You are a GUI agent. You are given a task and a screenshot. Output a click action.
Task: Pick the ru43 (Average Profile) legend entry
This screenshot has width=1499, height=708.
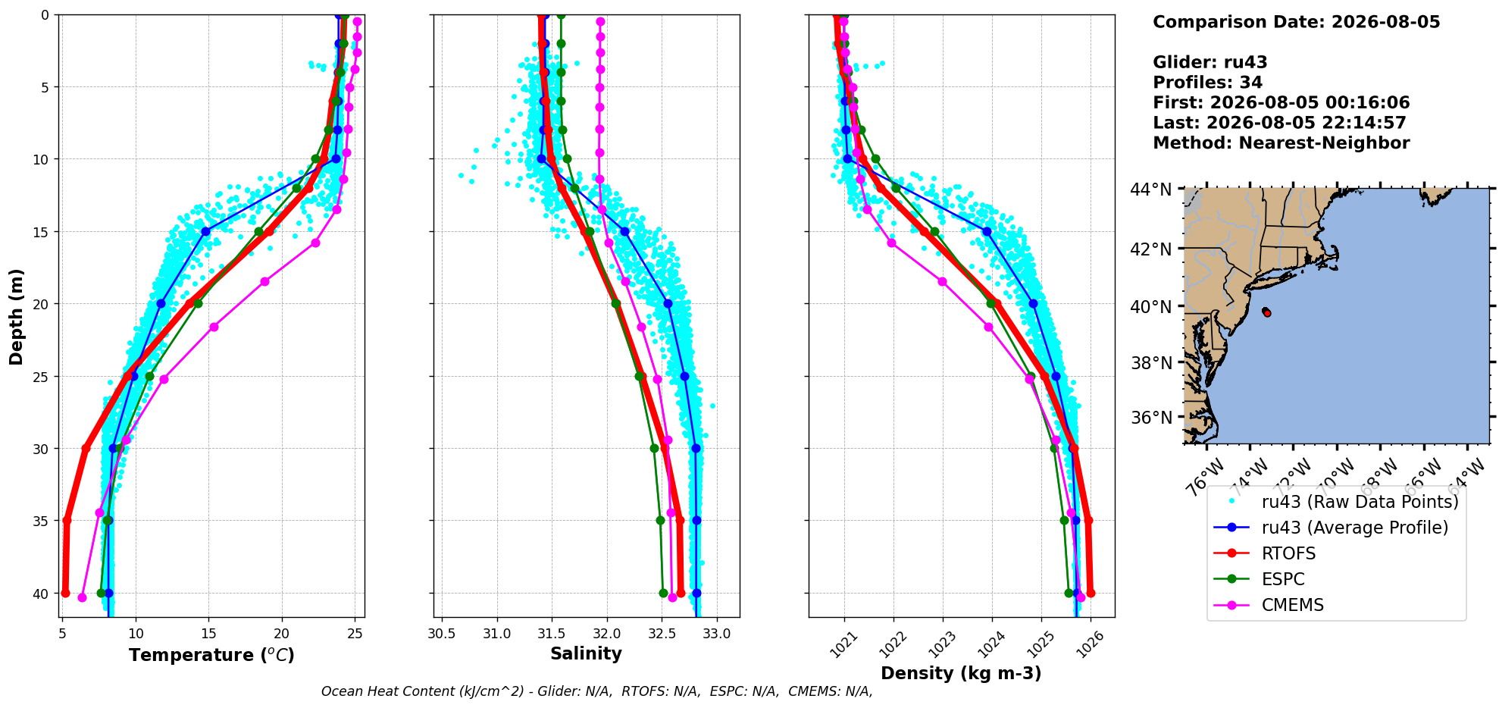tap(1331, 528)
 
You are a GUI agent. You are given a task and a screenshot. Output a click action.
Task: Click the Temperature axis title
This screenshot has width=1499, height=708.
tap(211, 655)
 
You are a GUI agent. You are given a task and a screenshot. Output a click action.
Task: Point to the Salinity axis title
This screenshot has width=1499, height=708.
tap(586, 653)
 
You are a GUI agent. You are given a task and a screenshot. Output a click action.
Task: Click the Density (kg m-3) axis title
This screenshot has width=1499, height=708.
tap(961, 673)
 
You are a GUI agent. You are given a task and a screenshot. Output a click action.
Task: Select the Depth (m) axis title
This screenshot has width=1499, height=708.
tap(17, 316)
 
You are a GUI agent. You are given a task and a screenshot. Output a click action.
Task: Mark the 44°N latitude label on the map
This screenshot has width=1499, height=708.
tap(1151, 189)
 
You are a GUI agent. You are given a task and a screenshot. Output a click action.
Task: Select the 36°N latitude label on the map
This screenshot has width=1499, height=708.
tap(1151, 418)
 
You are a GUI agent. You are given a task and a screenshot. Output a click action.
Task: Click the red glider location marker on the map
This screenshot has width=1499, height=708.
tap(1266, 312)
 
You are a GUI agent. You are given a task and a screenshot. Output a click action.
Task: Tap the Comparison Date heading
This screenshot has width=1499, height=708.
tap(1296, 22)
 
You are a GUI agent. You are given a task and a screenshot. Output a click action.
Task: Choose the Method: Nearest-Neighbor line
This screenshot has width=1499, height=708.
tap(1281, 143)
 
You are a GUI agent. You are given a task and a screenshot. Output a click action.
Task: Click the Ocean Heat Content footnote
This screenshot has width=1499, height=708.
tap(596, 691)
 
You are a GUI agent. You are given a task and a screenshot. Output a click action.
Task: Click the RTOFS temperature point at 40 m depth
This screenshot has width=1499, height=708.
tap(65, 593)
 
